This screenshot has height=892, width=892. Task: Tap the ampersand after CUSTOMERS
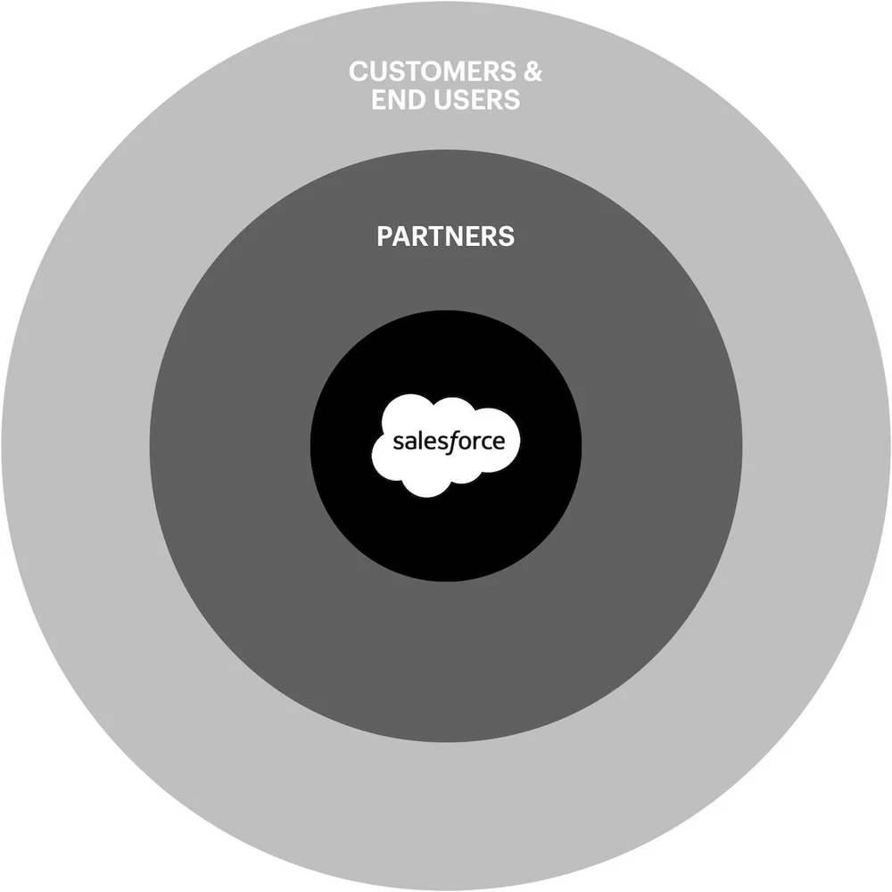click(x=532, y=71)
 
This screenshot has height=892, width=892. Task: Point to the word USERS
click(x=479, y=99)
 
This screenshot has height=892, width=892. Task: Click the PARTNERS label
click(x=445, y=236)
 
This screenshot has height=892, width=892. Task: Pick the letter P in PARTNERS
click(x=384, y=236)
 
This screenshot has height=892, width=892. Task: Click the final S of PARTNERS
click(x=507, y=236)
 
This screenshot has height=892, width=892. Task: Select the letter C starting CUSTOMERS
click(x=358, y=71)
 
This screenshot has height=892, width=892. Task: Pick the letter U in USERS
click(x=448, y=99)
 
